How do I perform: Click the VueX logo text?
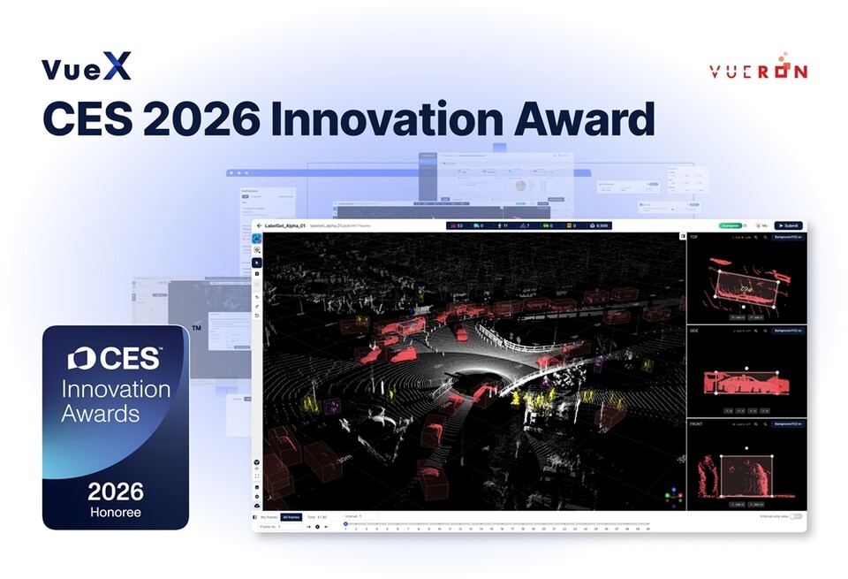[x=87, y=67]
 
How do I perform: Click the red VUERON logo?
[x=757, y=71]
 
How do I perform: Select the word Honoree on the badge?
[x=116, y=512]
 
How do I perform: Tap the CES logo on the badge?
[x=115, y=358]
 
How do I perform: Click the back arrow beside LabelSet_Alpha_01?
[x=259, y=226]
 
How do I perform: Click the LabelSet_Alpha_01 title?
[x=285, y=226]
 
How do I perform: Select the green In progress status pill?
[x=730, y=225]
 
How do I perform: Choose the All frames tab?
[x=291, y=516]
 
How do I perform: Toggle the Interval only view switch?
[x=796, y=516]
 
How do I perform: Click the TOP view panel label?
[x=694, y=237]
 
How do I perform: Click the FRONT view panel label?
[x=696, y=423]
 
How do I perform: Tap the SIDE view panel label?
[x=694, y=330]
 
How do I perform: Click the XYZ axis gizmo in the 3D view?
[x=673, y=495]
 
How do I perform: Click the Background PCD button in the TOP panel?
[x=787, y=237]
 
